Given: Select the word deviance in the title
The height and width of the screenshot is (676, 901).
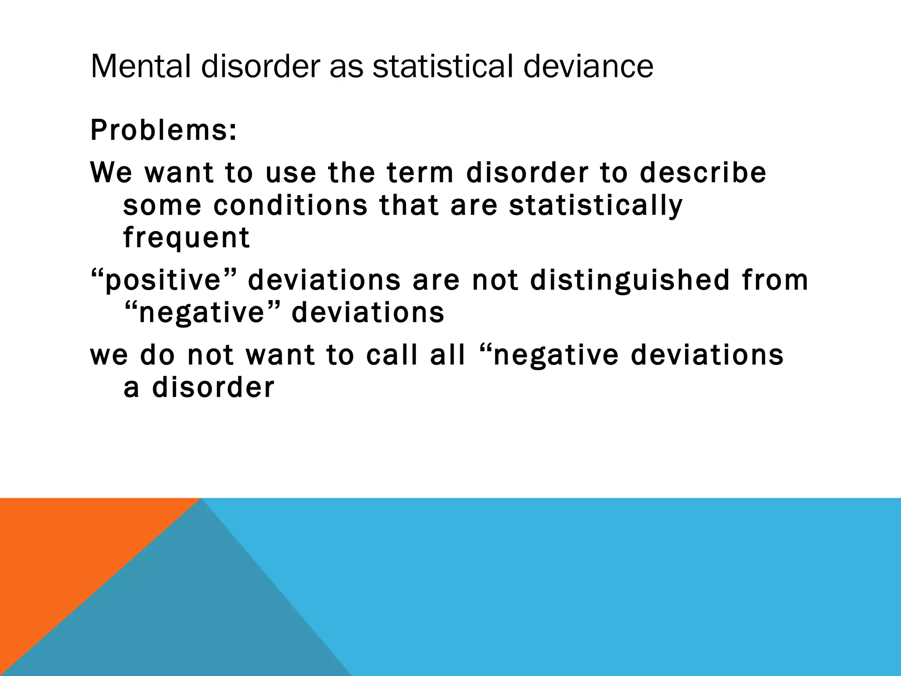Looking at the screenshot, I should point(588,67).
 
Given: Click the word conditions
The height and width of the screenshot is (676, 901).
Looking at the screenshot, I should point(290,206).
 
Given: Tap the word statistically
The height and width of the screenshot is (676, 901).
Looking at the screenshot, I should point(596,206).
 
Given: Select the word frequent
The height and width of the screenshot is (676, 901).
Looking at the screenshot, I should point(187,239).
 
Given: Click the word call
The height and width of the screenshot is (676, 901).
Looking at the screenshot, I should point(392,355).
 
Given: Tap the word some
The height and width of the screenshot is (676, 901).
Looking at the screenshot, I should point(162,206).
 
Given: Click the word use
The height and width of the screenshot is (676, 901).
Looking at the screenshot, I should point(291,173).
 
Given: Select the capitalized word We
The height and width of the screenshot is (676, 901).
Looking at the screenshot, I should point(111,173).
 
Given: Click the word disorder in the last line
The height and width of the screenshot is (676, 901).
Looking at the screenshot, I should point(213,388).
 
